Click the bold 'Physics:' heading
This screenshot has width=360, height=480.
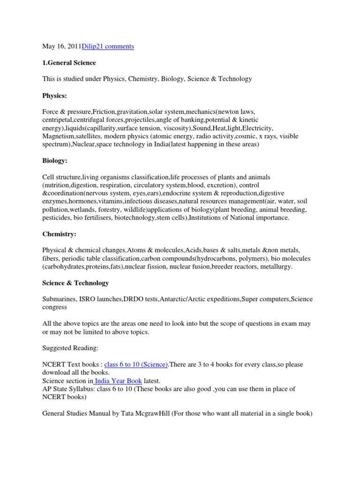coord(54,96)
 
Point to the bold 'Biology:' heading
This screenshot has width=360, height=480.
coord(55,161)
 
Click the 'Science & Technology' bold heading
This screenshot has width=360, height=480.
coord(75,283)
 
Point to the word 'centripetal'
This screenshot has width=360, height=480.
coord(59,120)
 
